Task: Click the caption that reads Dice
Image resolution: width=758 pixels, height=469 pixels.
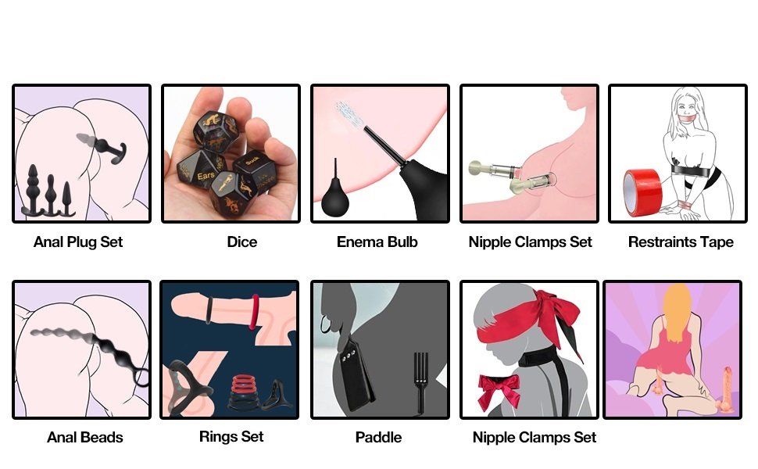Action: tap(241, 242)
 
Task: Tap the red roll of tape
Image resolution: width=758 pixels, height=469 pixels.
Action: tap(642, 192)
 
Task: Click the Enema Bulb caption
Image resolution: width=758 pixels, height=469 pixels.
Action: tap(377, 242)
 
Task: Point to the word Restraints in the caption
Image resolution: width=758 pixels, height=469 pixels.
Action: tap(659, 242)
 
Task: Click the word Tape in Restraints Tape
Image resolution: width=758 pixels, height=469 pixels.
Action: tap(713, 242)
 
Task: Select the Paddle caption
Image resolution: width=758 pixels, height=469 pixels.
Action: tap(378, 437)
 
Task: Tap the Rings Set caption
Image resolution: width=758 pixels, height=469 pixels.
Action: tap(231, 437)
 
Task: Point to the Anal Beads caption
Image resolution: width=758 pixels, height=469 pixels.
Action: tap(84, 437)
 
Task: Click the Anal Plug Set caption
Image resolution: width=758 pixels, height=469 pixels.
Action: tap(78, 242)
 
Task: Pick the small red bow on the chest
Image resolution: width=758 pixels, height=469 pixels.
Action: tap(499, 389)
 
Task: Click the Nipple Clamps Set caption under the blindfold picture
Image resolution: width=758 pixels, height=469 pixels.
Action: tap(535, 437)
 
